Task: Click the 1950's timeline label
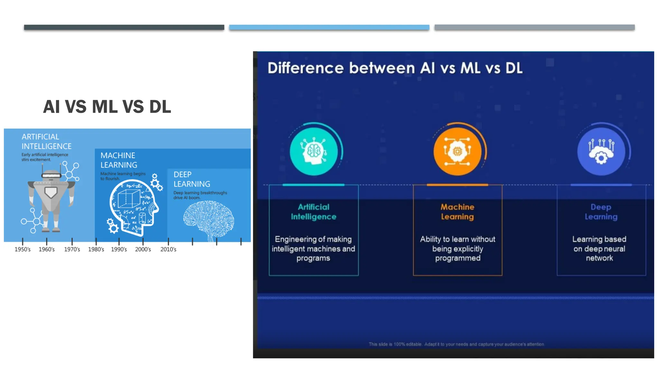click(23, 249)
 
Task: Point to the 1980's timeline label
click(96, 249)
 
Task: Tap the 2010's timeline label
click(168, 249)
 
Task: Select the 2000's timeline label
click(143, 249)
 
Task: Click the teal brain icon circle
click(314, 151)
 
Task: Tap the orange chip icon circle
click(457, 151)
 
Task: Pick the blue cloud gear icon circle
click(601, 151)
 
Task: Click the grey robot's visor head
click(51, 175)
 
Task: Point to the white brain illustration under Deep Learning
click(209, 218)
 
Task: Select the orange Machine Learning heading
click(457, 212)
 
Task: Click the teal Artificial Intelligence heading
click(313, 212)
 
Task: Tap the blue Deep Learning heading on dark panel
click(601, 212)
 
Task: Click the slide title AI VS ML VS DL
click(107, 107)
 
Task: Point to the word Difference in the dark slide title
click(305, 68)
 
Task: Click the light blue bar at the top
click(329, 27)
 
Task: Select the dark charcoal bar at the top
click(124, 27)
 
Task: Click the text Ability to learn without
click(457, 239)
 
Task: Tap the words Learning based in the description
click(599, 239)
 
